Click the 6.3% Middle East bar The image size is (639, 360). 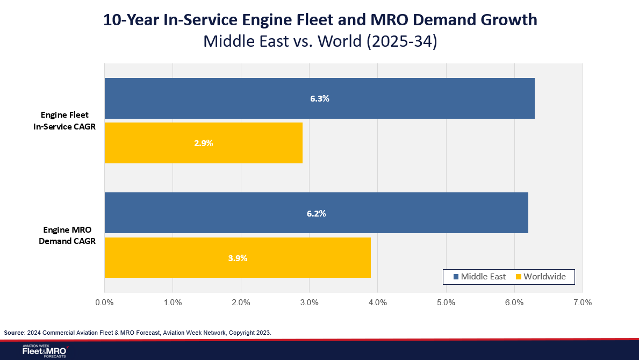point(319,98)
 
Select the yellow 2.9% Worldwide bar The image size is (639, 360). point(203,143)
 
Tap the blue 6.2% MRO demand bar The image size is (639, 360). point(316,213)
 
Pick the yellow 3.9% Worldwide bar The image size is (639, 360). point(237,257)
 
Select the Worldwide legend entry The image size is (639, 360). point(540,277)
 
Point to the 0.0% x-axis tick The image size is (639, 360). point(104,303)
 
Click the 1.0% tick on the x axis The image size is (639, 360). point(173,303)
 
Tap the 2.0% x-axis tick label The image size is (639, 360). point(241,303)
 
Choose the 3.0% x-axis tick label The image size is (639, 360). point(309,303)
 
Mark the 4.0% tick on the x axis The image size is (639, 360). point(378,303)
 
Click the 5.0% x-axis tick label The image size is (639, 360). point(446,303)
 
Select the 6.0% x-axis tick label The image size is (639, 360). point(514,303)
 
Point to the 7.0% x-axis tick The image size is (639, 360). point(583,303)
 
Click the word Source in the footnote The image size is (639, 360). point(15,333)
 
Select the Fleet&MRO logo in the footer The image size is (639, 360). point(44,351)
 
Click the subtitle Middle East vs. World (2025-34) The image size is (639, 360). point(320,41)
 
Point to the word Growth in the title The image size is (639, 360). point(505,20)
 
